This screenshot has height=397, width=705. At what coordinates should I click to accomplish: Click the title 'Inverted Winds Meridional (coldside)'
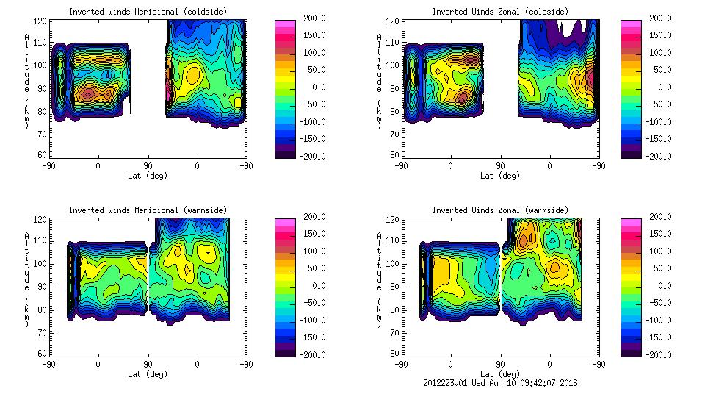point(147,12)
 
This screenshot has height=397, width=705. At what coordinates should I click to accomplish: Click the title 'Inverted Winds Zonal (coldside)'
point(500,12)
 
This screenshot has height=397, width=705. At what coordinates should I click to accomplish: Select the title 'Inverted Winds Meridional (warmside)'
point(147,210)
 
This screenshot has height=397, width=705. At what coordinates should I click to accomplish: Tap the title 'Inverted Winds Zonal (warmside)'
point(500,210)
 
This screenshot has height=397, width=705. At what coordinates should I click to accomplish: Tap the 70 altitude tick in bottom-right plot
point(394,332)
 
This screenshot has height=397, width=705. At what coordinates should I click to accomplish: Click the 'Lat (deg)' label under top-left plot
point(147,176)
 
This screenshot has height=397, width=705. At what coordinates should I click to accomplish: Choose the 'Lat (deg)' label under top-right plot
point(500,176)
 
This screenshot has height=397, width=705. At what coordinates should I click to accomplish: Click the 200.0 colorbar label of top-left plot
point(314,18)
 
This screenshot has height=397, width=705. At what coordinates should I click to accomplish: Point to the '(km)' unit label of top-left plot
point(26,113)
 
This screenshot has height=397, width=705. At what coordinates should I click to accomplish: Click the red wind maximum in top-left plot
point(88,93)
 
